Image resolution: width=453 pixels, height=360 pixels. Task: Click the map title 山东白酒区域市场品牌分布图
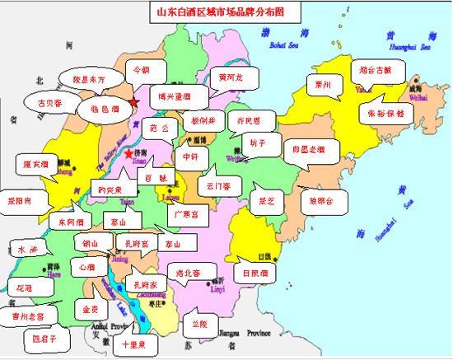pyautogui.click(x=226, y=13)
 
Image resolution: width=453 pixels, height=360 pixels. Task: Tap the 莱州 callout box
pyautogui.click(x=323, y=85)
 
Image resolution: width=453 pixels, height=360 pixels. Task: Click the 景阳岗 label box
pyautogui.click(x=19, y=200)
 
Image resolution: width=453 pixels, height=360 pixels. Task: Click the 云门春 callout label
pyautogui.click(x=218, y=186)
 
